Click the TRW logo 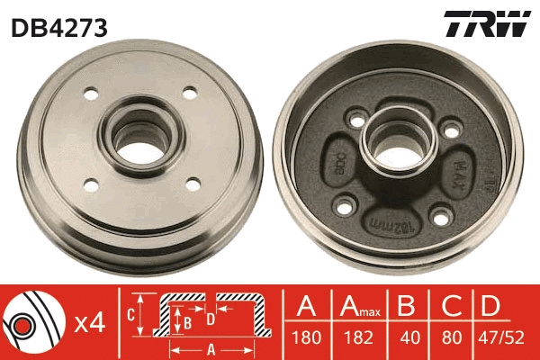point(487,25)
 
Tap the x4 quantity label point(92,322)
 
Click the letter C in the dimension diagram point(130,314)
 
